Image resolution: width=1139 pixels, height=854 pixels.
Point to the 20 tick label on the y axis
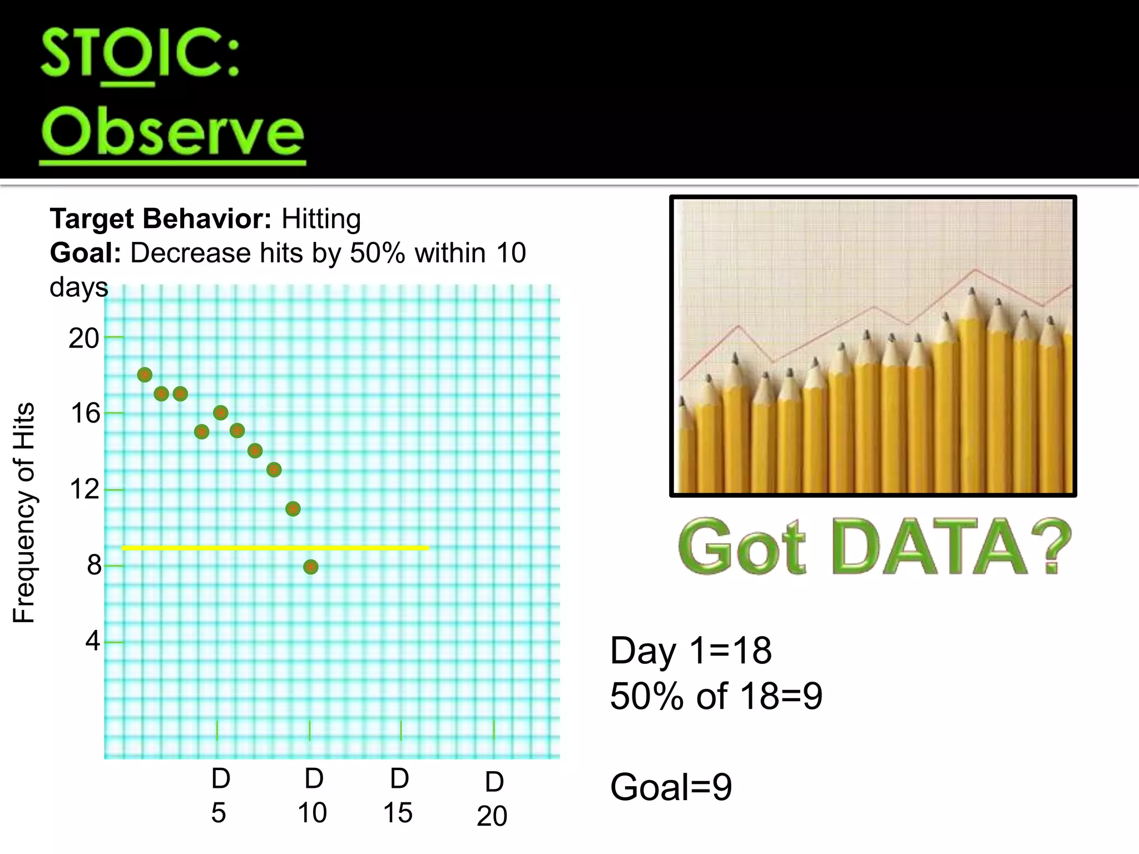point(84,338)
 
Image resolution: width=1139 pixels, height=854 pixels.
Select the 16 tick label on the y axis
point(85,414)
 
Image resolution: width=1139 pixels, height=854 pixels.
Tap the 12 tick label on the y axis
point(85,489)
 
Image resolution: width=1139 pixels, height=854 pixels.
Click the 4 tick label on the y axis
point(92,640)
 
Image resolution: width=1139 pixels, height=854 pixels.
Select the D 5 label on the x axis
point(220,796)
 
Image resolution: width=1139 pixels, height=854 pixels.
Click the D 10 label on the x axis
point(313,796)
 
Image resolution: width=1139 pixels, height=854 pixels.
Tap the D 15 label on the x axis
point(398,796)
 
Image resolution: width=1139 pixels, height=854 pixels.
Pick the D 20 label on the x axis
point(493,799)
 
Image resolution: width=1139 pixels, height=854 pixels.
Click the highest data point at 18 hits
point(145,375)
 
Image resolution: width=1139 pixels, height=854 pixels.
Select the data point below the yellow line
point(311,567)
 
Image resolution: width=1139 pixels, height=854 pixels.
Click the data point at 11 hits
point(293,509)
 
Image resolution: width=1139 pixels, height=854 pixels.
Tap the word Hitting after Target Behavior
point(321,219)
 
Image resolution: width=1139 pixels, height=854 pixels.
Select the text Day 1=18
point(691,651)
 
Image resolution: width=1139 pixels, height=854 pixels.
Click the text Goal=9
point(671,787)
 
